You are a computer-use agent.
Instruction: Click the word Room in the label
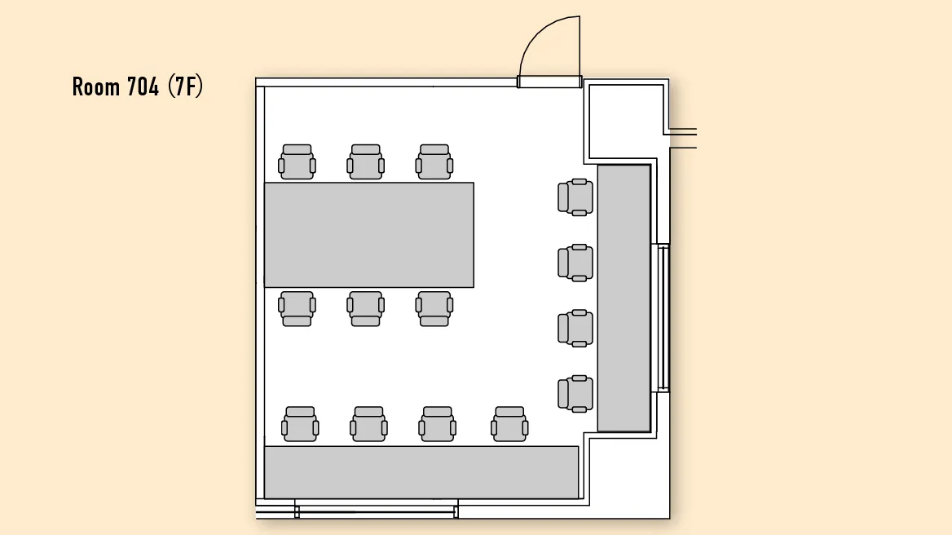pos(96,86)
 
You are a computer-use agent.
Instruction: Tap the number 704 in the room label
pos(143,86)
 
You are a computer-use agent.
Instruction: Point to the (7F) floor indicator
pos(185,86)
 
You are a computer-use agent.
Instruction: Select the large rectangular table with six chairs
pos(369,234)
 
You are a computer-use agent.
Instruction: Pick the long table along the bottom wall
pos(421,472)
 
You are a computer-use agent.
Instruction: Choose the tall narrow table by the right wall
pos(624,298)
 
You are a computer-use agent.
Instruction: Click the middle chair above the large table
pos(365,162)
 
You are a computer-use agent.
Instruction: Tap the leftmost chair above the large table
pos(297,162)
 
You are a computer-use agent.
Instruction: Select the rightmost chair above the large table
pos(434,162)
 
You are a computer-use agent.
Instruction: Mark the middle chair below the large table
pos(365,308)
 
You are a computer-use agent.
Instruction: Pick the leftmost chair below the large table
pos(297,308)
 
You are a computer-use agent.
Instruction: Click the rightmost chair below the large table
pos(434,308)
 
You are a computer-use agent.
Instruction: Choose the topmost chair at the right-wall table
pos(575,197)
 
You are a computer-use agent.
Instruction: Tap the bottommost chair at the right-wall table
pos(575,394)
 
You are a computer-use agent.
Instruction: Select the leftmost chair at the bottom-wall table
pos(300,424)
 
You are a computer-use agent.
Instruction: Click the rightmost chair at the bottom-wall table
pos(509,424)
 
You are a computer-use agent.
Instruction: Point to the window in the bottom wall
pos(377,510)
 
